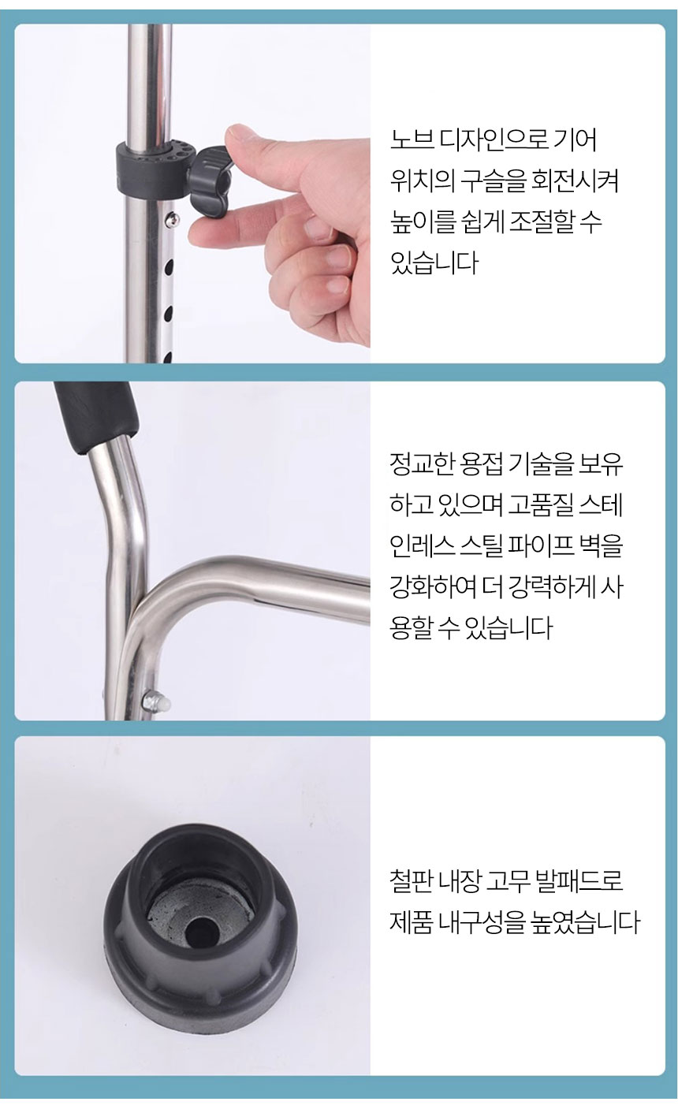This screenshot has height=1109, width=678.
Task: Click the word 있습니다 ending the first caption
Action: [434, 263]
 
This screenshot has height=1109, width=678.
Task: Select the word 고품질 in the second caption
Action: [538, 505]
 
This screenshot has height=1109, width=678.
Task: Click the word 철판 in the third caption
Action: [411, 882]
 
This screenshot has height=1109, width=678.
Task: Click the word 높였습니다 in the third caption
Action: [586, 922]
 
